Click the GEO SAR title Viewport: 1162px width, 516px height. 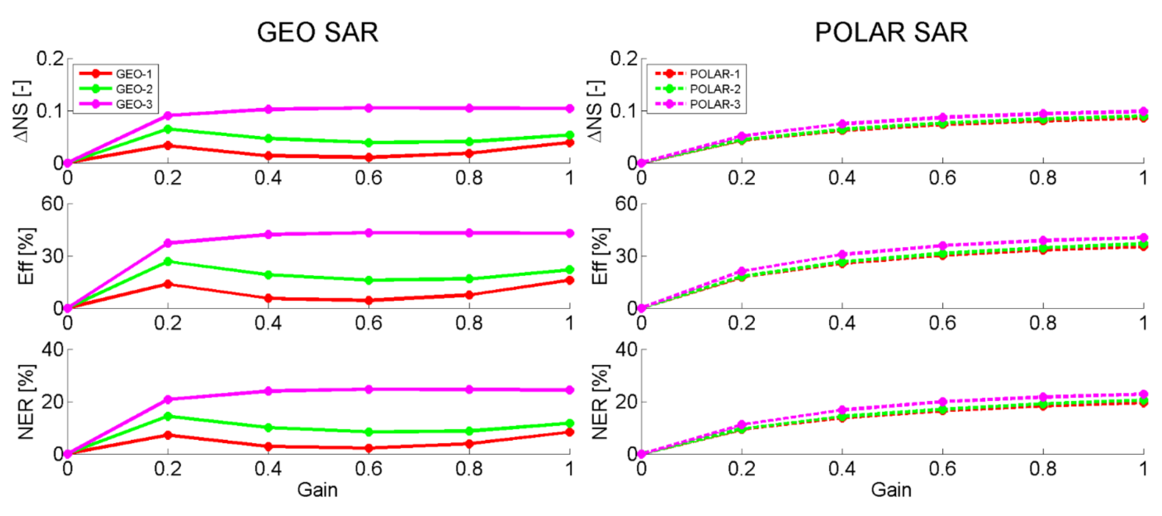318,32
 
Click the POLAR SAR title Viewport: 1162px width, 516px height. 891,32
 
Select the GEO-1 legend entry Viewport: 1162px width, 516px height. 134,73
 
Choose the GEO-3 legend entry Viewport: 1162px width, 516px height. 134,104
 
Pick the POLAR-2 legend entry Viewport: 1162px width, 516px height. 715,89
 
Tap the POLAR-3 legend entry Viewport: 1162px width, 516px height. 715,104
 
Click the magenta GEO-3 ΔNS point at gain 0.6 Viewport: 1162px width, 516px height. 368,108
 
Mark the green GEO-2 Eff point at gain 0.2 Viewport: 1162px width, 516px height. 168,261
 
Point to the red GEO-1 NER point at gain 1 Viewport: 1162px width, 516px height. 570,432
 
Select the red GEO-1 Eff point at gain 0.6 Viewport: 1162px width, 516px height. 368,300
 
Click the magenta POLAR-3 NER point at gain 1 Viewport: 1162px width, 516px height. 1143,394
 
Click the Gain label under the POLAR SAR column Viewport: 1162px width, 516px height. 891,490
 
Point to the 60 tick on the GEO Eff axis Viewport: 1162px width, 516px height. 52,204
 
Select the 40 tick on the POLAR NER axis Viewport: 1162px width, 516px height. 626,349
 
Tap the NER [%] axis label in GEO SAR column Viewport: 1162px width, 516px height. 26,402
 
